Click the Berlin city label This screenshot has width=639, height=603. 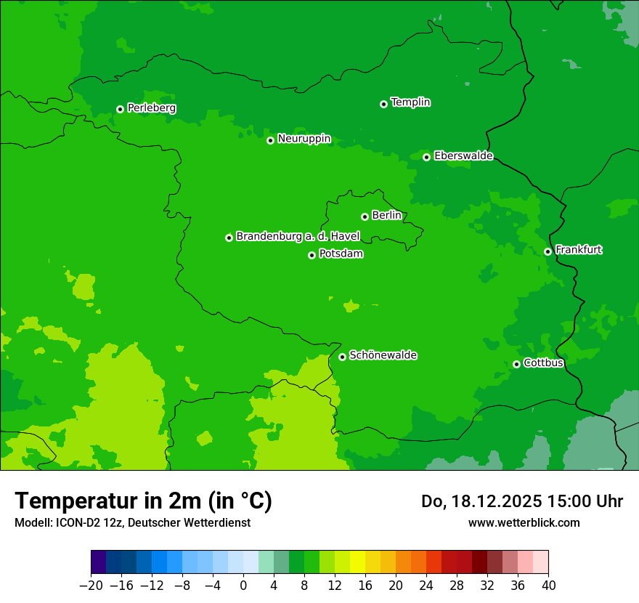click(386, 215)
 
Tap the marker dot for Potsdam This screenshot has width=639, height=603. click(312, 255)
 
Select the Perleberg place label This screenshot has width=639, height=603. click(151, 108)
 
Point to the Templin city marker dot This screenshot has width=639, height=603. click(383, 104)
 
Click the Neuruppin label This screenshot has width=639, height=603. click(304, 139)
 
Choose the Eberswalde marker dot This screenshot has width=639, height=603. click(426, 157)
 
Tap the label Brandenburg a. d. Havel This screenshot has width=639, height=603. click(298, 236)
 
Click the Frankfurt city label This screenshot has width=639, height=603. click(578, 250)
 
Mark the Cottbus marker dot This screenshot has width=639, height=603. click(516, 364)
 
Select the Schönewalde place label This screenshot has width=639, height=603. click(383, 355)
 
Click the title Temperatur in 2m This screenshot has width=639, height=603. click(143, 501)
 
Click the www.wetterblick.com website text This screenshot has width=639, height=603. click(524, 522)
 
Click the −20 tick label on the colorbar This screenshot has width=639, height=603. click(91, 585)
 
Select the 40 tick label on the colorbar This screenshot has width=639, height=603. click(548, 585)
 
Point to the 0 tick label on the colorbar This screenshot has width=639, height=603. click(243, 585)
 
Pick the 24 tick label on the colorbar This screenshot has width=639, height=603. click(426, 585)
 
